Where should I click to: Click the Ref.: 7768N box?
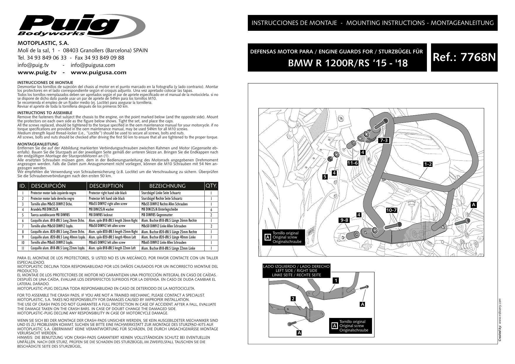point(464,57)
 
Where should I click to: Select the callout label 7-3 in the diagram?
point(384,140)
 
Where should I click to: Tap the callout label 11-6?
point(352,163)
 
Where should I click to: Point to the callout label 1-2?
point(428,164)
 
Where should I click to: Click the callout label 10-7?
point(391,210)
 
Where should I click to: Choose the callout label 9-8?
point(344,220)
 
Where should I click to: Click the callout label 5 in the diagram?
point(325,177)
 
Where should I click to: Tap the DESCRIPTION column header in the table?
point(106,186)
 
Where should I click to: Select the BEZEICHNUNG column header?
point(167,186)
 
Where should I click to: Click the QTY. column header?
point(211,185)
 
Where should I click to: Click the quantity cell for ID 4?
point(211,210)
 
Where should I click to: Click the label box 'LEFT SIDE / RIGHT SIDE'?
point(296,271)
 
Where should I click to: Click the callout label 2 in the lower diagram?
point(293,299)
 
